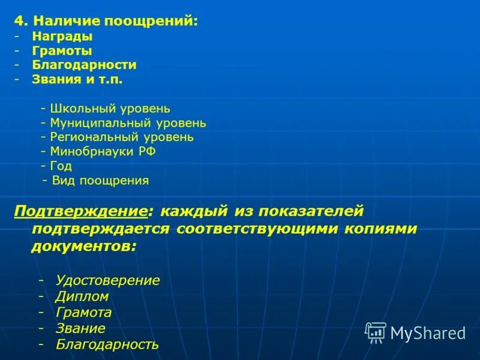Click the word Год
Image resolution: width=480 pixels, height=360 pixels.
[61, 166]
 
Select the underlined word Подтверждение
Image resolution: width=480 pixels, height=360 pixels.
[80, 211]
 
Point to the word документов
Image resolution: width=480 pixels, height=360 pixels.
[83, 247]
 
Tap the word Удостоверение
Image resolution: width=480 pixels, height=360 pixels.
[107, 280]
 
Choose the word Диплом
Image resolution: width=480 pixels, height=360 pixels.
[82, 296]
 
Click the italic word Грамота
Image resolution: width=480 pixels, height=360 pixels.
[83, 313]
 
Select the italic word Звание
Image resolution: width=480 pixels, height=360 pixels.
[80, 328]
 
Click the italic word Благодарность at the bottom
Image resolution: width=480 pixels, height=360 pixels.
[107, 344]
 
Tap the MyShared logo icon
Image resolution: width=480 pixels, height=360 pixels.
[376, 332]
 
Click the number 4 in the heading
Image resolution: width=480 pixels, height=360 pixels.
[19, 21]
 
